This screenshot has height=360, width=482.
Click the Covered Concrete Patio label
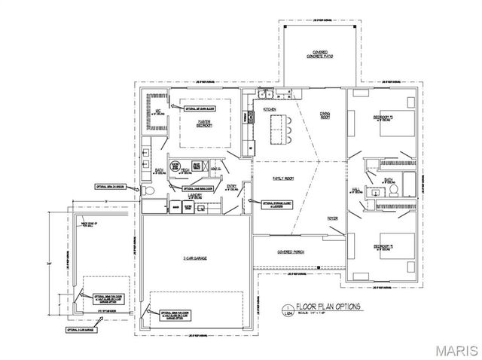(x=315, y=54)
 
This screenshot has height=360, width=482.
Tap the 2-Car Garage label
(x=195, y=258)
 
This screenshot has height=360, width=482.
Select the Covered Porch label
(x=290, y=252)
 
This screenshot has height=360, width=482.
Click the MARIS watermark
(x=453, y=349)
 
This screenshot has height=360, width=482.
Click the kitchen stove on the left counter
(x=247, y=118)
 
